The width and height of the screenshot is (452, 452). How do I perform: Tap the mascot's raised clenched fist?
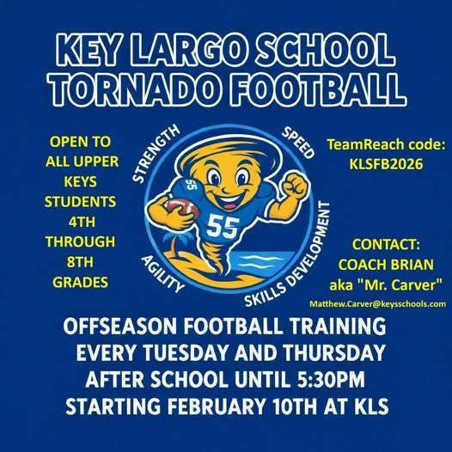296,183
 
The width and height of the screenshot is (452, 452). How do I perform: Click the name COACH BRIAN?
382,266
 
